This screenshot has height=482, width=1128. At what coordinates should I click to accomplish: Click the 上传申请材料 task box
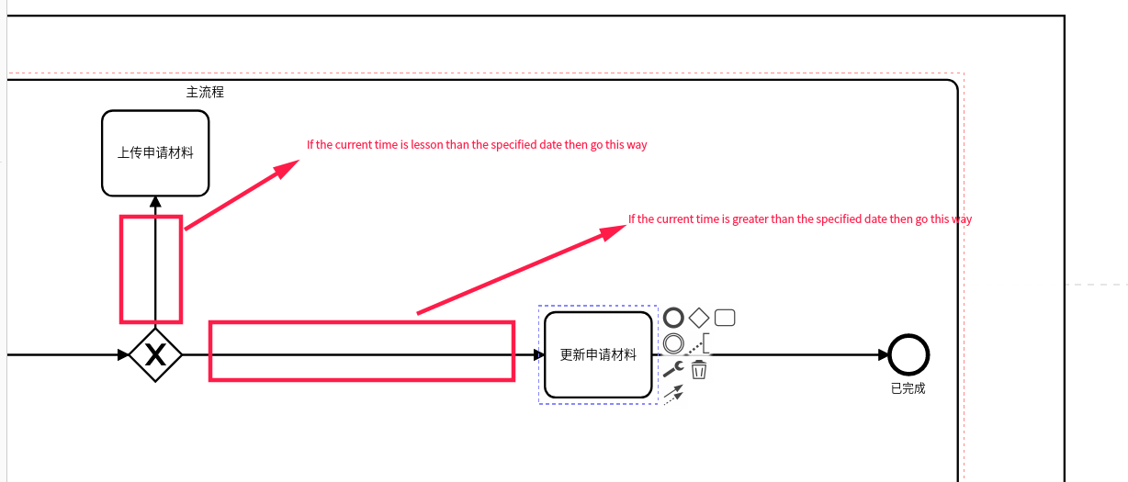point(155,153)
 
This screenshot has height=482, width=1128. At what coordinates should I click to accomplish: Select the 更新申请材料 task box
point(598,354)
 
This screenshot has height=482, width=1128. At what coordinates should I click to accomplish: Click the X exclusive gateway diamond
point(155,355)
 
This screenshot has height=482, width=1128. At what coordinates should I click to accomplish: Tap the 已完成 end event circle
point(908,354)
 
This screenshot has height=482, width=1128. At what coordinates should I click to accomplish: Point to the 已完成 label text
point(908,388)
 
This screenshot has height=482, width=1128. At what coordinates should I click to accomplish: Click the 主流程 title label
point(205,92)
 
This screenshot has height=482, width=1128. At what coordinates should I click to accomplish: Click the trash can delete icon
point(698,370)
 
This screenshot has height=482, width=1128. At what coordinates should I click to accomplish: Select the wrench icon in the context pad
point(673,369)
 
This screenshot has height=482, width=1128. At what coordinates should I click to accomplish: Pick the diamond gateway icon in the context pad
point(699,318)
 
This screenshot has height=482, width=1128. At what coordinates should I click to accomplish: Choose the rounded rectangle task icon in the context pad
point(725,318)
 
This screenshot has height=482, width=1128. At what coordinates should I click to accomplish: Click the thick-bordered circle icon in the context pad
point(673,318)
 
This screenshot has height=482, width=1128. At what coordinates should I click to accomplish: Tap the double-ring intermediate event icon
point(673,343)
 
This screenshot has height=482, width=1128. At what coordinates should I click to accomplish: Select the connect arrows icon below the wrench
point(673,395)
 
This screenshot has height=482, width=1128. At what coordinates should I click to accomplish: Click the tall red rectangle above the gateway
point(151,269)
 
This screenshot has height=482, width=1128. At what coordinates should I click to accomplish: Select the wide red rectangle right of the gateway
point(362,352)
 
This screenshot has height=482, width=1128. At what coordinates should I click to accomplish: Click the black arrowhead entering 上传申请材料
point(155,202)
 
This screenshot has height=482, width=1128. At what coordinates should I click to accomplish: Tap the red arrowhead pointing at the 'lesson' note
point(286,169)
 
